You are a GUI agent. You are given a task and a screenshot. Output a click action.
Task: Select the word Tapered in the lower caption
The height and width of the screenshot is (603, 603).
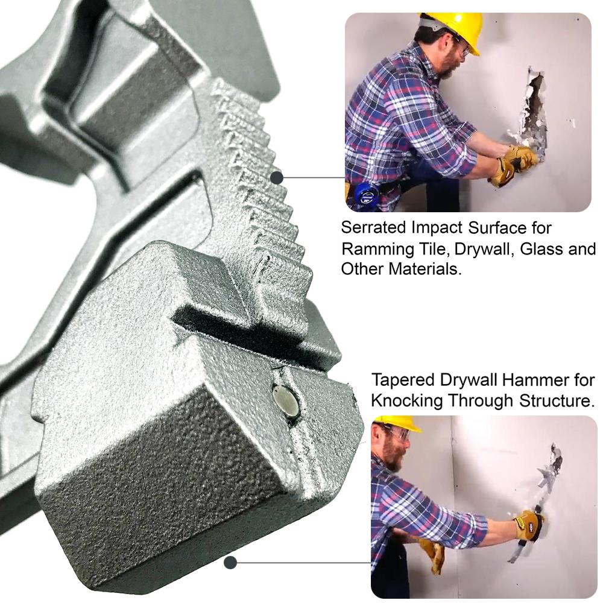tap(403, 381)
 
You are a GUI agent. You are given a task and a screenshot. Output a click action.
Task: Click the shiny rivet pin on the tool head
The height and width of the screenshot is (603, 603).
tap(285, 402)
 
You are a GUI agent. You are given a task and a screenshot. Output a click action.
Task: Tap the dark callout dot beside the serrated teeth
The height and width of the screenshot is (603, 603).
tap(277, 178)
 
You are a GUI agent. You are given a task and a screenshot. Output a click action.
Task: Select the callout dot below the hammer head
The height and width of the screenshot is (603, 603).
tap(230, 563)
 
